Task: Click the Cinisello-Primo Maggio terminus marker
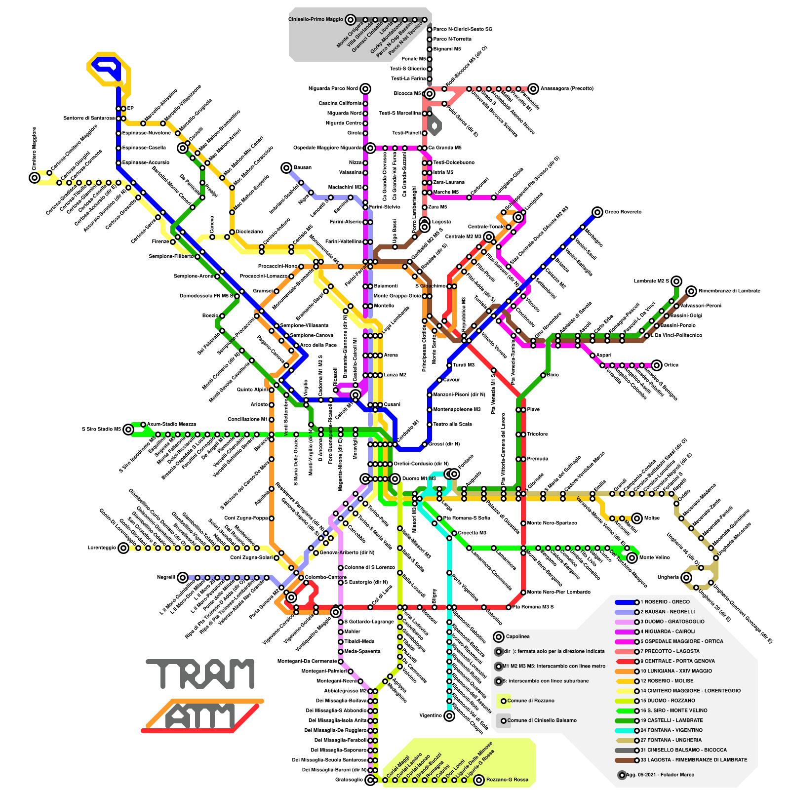350,20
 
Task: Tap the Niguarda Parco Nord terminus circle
365,89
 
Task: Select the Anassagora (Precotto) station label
567,89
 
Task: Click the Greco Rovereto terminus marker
597,212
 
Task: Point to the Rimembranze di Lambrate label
729,291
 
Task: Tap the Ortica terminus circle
656,365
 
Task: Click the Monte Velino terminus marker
632,558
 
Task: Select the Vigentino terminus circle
449,716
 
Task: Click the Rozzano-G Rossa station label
507,780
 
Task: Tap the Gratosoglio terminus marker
370,780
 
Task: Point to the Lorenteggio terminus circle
123,548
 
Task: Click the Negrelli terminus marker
183,578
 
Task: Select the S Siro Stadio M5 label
101,430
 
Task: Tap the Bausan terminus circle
286,168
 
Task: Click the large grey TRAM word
200,674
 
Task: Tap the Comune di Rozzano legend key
531,701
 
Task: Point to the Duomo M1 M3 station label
419,479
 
